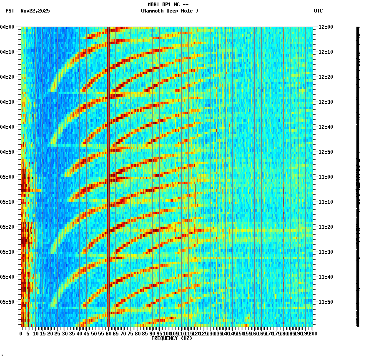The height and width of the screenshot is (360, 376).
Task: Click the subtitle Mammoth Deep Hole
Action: point(169,11)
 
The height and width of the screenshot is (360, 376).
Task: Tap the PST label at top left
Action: point(10,11)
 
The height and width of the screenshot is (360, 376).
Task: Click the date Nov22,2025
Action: point(35,11)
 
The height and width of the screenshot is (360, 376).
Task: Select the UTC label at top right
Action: point(318,11)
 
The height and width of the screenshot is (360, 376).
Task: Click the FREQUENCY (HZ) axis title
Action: point(171,338)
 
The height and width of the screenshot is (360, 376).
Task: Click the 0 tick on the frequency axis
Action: point(21,333)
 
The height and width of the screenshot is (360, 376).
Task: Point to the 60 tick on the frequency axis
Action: point(108,333)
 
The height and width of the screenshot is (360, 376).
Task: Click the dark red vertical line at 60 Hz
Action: point(108,167)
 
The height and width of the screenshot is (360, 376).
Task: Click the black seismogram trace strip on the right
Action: point(357,175)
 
